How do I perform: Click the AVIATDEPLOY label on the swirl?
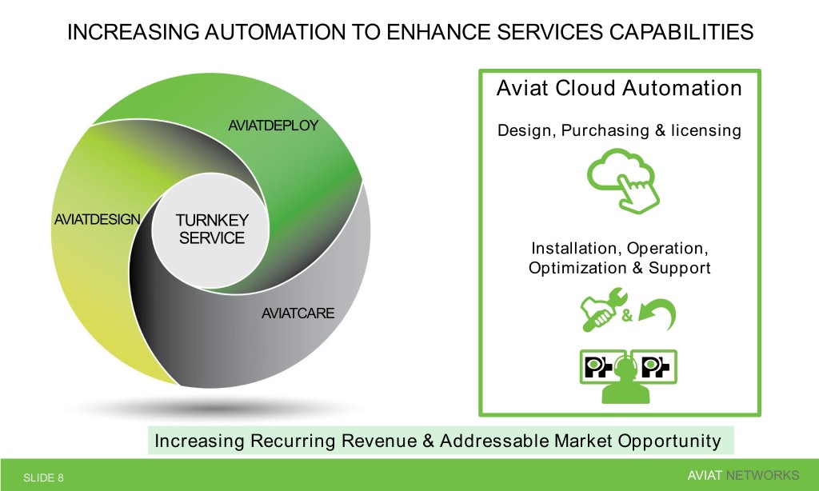(273, 126)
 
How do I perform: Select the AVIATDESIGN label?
(97, 218)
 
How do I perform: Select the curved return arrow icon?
(657, 314)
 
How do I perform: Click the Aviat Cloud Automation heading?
(619, 88)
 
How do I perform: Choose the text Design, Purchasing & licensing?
(619, 130)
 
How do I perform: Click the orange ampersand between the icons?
(626, 317)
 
